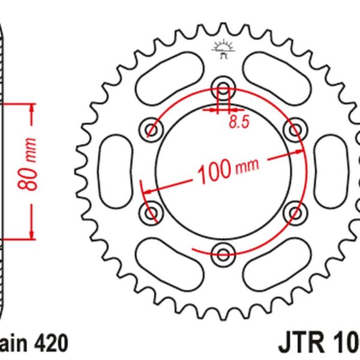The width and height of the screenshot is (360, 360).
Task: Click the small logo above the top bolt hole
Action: (x=223, y=49)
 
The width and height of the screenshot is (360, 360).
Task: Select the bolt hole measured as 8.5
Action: (x=223, y=88)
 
